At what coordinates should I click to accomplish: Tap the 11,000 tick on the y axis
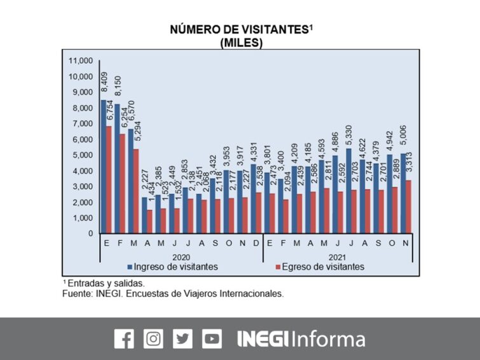80,61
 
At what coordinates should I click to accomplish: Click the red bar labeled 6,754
109,179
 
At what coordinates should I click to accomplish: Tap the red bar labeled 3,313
408,207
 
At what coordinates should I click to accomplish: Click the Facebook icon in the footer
124,339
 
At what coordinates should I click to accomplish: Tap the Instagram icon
153,339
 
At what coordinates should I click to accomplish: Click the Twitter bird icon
182,339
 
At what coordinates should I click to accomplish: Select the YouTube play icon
212,339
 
